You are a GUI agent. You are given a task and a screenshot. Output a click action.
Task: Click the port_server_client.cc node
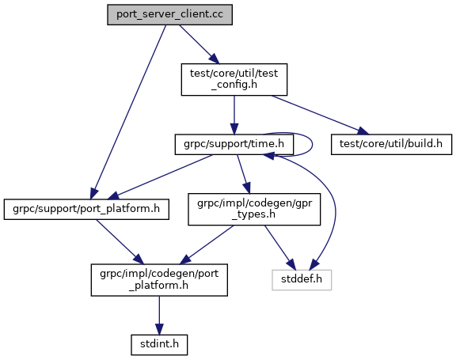(169, 14)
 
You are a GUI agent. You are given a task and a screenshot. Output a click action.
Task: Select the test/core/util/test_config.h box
(234, 79)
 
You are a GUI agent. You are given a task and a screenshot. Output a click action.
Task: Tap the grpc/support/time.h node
(234, 145)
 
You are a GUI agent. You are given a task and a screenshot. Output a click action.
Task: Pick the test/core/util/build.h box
(391, 145)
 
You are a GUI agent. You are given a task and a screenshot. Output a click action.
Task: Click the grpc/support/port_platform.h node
(86, 209)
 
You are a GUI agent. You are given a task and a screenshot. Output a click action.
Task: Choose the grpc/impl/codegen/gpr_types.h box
(254, 209)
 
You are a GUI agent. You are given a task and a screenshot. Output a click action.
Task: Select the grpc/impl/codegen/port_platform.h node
(159, 280)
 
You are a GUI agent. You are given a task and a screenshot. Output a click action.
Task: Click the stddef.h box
(302, 280)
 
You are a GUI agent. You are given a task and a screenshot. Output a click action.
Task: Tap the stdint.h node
(159, 345)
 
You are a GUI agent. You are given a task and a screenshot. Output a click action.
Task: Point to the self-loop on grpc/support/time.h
(313, 145)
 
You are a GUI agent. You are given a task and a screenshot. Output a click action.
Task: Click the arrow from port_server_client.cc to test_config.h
(199, 44)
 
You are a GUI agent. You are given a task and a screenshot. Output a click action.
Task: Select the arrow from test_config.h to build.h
(320, 115)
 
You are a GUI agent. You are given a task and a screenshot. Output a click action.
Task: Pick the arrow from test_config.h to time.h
(234, 115)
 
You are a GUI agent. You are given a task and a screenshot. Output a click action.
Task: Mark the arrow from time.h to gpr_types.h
(243, 174)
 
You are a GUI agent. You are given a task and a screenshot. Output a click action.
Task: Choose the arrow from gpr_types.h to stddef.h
(279, 248)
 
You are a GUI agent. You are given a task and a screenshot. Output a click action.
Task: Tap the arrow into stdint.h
(159, 316)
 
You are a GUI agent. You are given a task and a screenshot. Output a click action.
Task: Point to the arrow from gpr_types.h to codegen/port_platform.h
(206, 245)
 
